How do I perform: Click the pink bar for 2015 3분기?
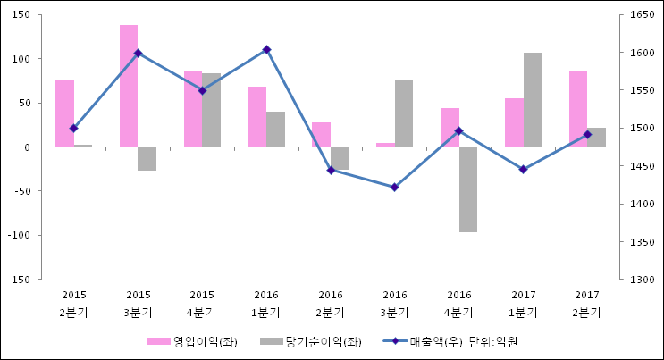point(129,86)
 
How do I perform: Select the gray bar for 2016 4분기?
point(468,189)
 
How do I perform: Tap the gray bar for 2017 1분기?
point(533,99)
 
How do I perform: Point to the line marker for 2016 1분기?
point(266,49)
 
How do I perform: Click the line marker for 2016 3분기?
point(395,188)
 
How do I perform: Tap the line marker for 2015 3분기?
point(138,53)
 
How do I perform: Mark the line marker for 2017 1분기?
point(523,169)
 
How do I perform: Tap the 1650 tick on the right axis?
point(642,15)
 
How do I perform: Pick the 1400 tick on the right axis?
point(642,205)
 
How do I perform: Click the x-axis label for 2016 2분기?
point(331,304)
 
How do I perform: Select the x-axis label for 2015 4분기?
point(202,304)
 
